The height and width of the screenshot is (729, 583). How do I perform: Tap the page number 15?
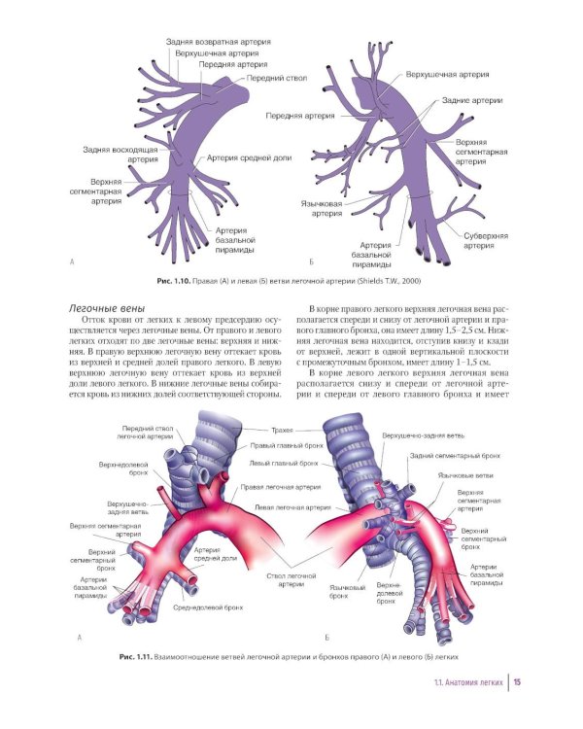pos(518,682)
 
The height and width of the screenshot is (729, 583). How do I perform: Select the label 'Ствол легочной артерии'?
pos(291,579)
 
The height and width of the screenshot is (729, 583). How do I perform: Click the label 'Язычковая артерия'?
pos(319,210)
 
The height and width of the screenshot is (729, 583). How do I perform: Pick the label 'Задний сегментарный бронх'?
pos(454,455)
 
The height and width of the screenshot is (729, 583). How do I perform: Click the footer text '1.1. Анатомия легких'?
pos(469,682)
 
